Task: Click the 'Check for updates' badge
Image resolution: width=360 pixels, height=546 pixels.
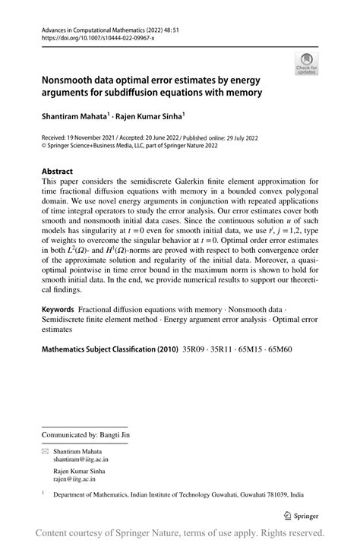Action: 307,64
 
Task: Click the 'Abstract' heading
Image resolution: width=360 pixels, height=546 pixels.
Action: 57,172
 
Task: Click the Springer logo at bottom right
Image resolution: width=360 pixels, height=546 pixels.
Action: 302,515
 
